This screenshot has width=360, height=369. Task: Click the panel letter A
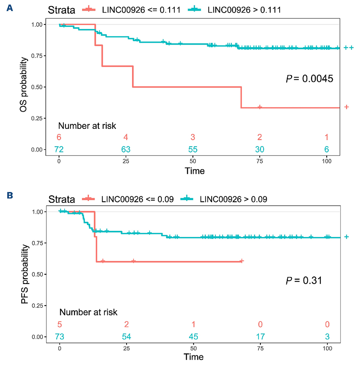pos(9,8)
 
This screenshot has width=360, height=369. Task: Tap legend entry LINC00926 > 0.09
pos(233,199)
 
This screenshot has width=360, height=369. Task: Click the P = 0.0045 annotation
pos(309,79)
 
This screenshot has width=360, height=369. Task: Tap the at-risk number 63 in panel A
pos(126,149)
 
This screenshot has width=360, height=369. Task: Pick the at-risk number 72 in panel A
pos(59,149)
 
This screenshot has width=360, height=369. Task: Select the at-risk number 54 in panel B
pos(126,336)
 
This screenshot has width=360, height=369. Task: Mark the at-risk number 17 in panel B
pos(260,336)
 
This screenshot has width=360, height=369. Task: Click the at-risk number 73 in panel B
pos(59,336)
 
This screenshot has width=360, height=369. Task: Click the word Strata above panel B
pos(61,199)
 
